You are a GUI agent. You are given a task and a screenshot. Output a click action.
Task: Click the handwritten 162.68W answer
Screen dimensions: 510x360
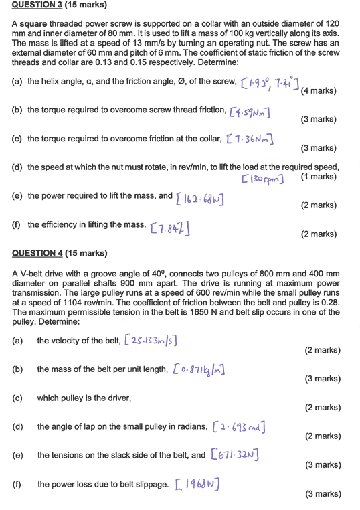200,199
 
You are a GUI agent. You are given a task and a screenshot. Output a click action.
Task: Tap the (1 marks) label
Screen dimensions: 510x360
319,177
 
